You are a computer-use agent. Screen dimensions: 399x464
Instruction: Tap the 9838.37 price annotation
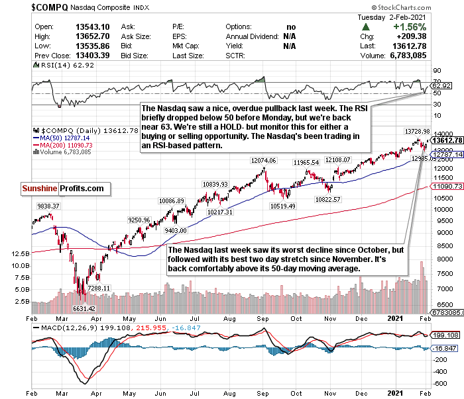pos(48,206)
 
